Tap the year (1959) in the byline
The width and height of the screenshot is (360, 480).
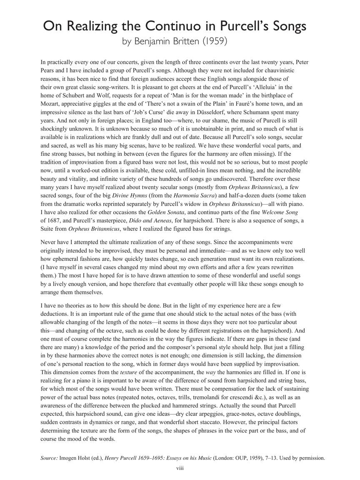[x=213, y=42]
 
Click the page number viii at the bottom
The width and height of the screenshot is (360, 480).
[x=180, y=468]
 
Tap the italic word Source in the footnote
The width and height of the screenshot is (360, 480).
[x=49, y=458]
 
